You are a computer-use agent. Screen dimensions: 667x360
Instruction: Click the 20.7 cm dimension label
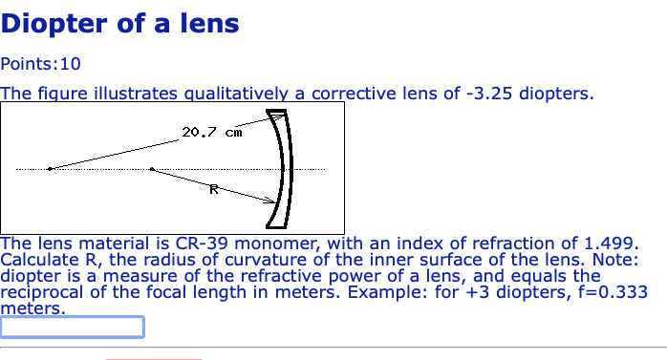211,132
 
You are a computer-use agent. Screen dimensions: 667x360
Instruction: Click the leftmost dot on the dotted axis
50,169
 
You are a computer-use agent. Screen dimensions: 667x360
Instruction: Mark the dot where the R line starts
151,169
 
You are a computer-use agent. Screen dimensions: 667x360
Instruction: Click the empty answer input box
73,328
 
